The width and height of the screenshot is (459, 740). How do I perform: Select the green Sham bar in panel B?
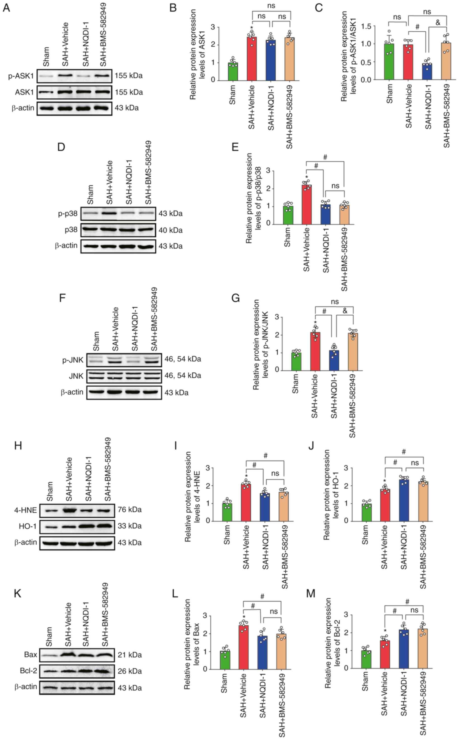tap(233, 72)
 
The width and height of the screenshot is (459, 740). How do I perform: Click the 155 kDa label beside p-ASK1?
tap(128, 76)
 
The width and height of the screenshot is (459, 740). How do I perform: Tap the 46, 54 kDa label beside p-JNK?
tap(183, 359)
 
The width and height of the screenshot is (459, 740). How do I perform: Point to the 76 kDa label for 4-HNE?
tap(130, 510)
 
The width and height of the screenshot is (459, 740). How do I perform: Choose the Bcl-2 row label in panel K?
tap(28, 670)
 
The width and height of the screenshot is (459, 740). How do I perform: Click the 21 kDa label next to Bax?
tap(130, 655)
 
